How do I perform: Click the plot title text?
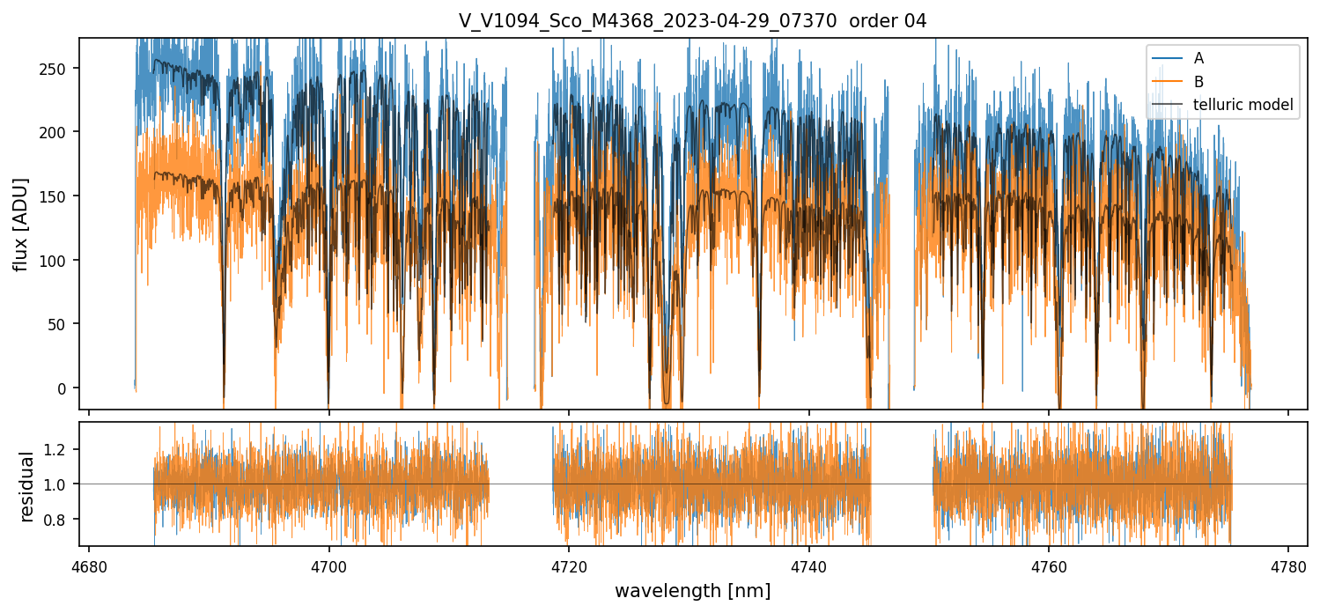coord(692,21)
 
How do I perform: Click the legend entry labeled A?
coord(1198,58)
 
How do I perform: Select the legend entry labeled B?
coord(1198,81)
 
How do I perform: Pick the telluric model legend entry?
coord(1243,105)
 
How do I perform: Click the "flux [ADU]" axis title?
coord(21,224)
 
